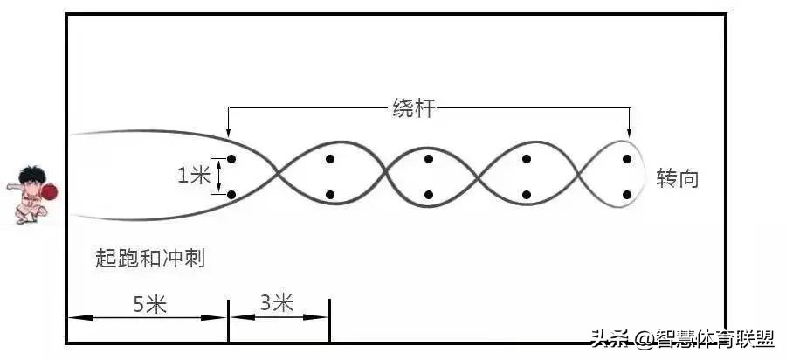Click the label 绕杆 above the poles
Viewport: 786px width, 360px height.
(x=412, y=109)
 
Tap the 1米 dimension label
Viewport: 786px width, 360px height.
(x=193, y=176)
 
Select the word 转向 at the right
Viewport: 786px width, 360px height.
(x=677, y=178)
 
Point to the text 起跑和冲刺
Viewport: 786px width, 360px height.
(x=150, y=259)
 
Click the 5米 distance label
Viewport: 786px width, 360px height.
(x=150, y=305)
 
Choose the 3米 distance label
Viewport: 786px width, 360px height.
(x=277, y=303)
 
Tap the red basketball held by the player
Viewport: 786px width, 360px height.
(x=49, y=192)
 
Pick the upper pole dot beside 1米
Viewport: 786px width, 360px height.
(x=231, y=159)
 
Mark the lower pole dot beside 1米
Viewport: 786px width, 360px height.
(x=231, y=195)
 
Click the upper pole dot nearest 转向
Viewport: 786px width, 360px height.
(x=626, y=159)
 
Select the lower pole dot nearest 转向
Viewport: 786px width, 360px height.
(x=626, y=195)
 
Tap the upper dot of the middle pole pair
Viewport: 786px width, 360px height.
(x=429, y=159)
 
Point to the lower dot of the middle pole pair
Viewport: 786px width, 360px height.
(x=429, y=195)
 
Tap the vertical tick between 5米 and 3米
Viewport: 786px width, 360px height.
(x=228, y=321)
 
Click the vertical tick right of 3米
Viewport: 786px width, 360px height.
(x=329, y=321)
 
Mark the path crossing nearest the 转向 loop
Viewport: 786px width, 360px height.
(x=581, y=175)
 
